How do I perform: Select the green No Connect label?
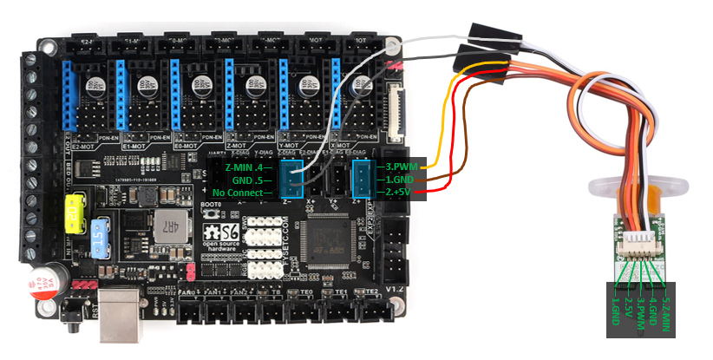click(243, 192)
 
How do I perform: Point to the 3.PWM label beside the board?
click(399, 166)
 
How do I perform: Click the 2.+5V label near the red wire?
click(399, 192)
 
